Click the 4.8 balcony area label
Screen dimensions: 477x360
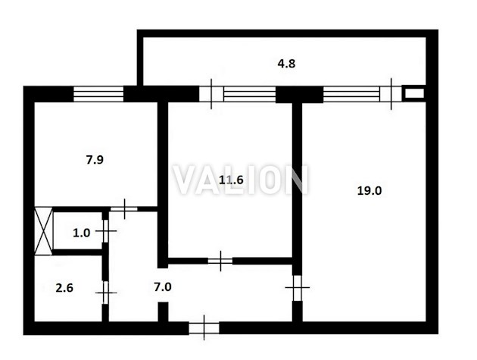pyautogui.click(x=286, y=64)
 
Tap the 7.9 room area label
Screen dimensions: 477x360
pyautogui.click(x=95, y=160)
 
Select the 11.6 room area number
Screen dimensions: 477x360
pyautogui.click(x=231, y=180)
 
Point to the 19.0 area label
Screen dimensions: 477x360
pyautogui.click(x=369, y=191)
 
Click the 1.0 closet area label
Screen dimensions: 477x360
pyautogui.click(x=82, y=233)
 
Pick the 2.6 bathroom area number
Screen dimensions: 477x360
pyautogui.click(x=64, y=288)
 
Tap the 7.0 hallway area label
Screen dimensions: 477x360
pyautogui.click(x=163, y=287)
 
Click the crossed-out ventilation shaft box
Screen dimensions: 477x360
pyautogui.click(x=43, y=231)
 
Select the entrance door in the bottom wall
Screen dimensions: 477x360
pyautogui.click(x=204, y=328)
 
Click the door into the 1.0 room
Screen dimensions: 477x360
pyautogui.click(x=105, y=231)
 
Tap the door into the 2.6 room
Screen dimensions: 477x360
pyautogui.click(x=105, y=293)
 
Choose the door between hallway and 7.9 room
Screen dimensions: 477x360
pyautogui.click(x=124, y=209)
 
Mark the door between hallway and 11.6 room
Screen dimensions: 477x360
pyautogui.click(x=220, y=261)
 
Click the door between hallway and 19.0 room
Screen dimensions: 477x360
pyautogui.click(x=298, y=287)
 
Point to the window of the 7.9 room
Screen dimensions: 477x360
pyautogui.click(x=98, y=94)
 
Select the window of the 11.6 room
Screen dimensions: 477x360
pyautogui.click(x=250, y=94)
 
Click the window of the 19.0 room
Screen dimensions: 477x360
pyautogui.click(x=351, y=94)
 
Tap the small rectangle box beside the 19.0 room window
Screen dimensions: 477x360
pyautogui.click(x=413, y=93)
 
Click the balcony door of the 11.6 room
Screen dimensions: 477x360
pyautogui.click(x=211, y=94)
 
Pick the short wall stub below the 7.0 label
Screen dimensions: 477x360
pyautogui.click(x=163, y=312)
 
